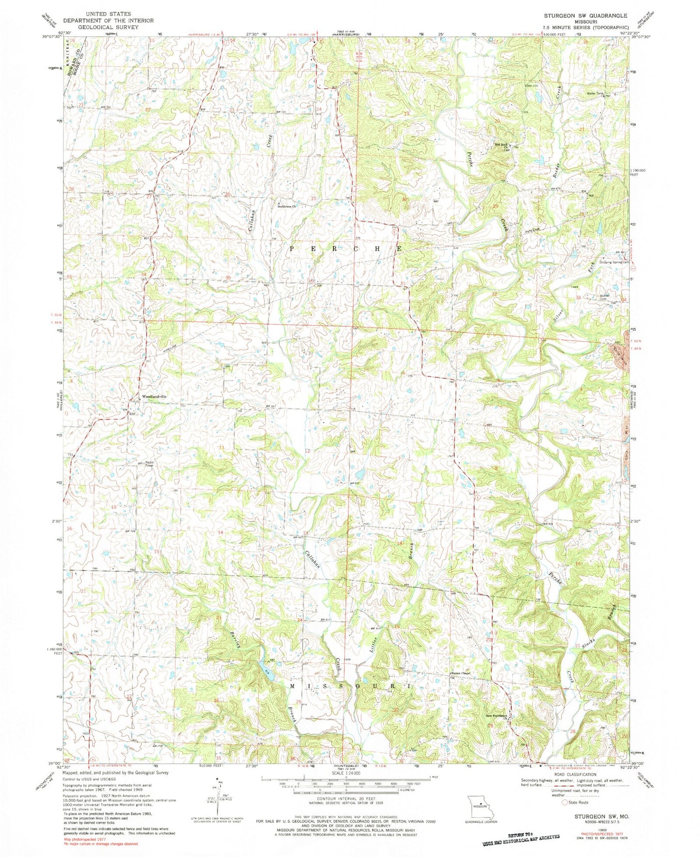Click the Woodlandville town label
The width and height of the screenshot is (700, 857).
154,396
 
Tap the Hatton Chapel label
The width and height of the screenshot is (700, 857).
460,673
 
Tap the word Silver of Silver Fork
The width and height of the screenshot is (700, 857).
558,316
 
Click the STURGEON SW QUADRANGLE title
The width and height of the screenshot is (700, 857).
585,16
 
